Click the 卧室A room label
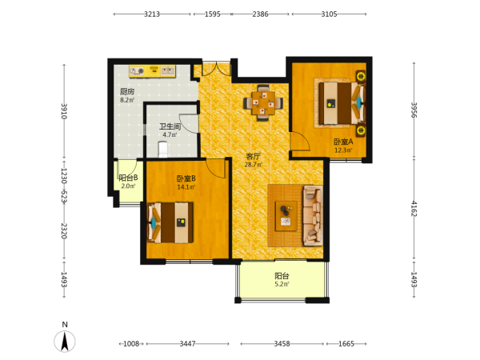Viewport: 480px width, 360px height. (343, 142)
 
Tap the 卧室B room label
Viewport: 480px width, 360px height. (186, 178)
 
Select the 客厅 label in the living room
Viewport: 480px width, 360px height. (253, 157)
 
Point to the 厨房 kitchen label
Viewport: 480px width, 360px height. (127, 91)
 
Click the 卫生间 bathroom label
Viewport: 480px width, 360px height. (170, 126)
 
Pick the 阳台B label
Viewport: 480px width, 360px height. (128, 178)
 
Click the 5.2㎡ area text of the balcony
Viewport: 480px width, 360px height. (282, 284)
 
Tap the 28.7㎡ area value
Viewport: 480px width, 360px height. (253, 165)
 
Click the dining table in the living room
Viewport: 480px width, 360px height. (263, 103)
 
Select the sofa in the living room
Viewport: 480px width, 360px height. (313, 216)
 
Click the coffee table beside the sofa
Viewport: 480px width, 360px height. (286, 216)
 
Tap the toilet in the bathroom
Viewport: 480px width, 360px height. (162, 149)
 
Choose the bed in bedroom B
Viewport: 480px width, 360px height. (170, 222)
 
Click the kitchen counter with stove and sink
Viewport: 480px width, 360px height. (152, 71)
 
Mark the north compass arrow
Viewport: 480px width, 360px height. (65, 342)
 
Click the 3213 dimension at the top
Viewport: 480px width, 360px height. (152, 14)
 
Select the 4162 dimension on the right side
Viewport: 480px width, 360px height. (414, 209)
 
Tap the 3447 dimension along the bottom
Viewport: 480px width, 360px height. (188, 344)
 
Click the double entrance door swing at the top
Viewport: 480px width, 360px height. (216, 69)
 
